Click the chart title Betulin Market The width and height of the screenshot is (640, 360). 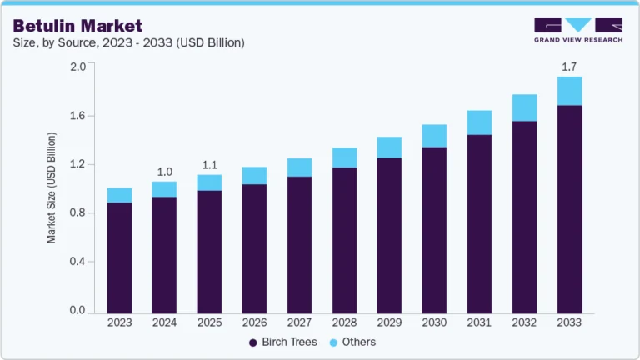[77, 27]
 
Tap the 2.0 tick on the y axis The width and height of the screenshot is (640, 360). [77, 67]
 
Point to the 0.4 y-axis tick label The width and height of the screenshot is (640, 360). [77, 262]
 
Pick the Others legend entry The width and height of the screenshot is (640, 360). [353, 342]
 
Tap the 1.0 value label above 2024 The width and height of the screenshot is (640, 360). [164, 172]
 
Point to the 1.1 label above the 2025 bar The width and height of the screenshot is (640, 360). [209, 164]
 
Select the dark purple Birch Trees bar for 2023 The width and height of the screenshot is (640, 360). [119, 257]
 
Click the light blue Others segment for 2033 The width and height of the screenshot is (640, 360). [569, 91]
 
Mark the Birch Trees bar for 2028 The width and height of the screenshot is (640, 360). [344, 239]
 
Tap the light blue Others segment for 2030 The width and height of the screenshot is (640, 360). [434, 136]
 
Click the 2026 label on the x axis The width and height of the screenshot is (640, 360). [254, 322]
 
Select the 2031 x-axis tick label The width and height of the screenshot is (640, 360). [479, 322]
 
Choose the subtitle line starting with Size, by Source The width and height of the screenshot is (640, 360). [128, 42]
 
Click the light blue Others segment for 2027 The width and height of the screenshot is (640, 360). [299, 167]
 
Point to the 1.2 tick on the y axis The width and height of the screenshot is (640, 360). [77, 164]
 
